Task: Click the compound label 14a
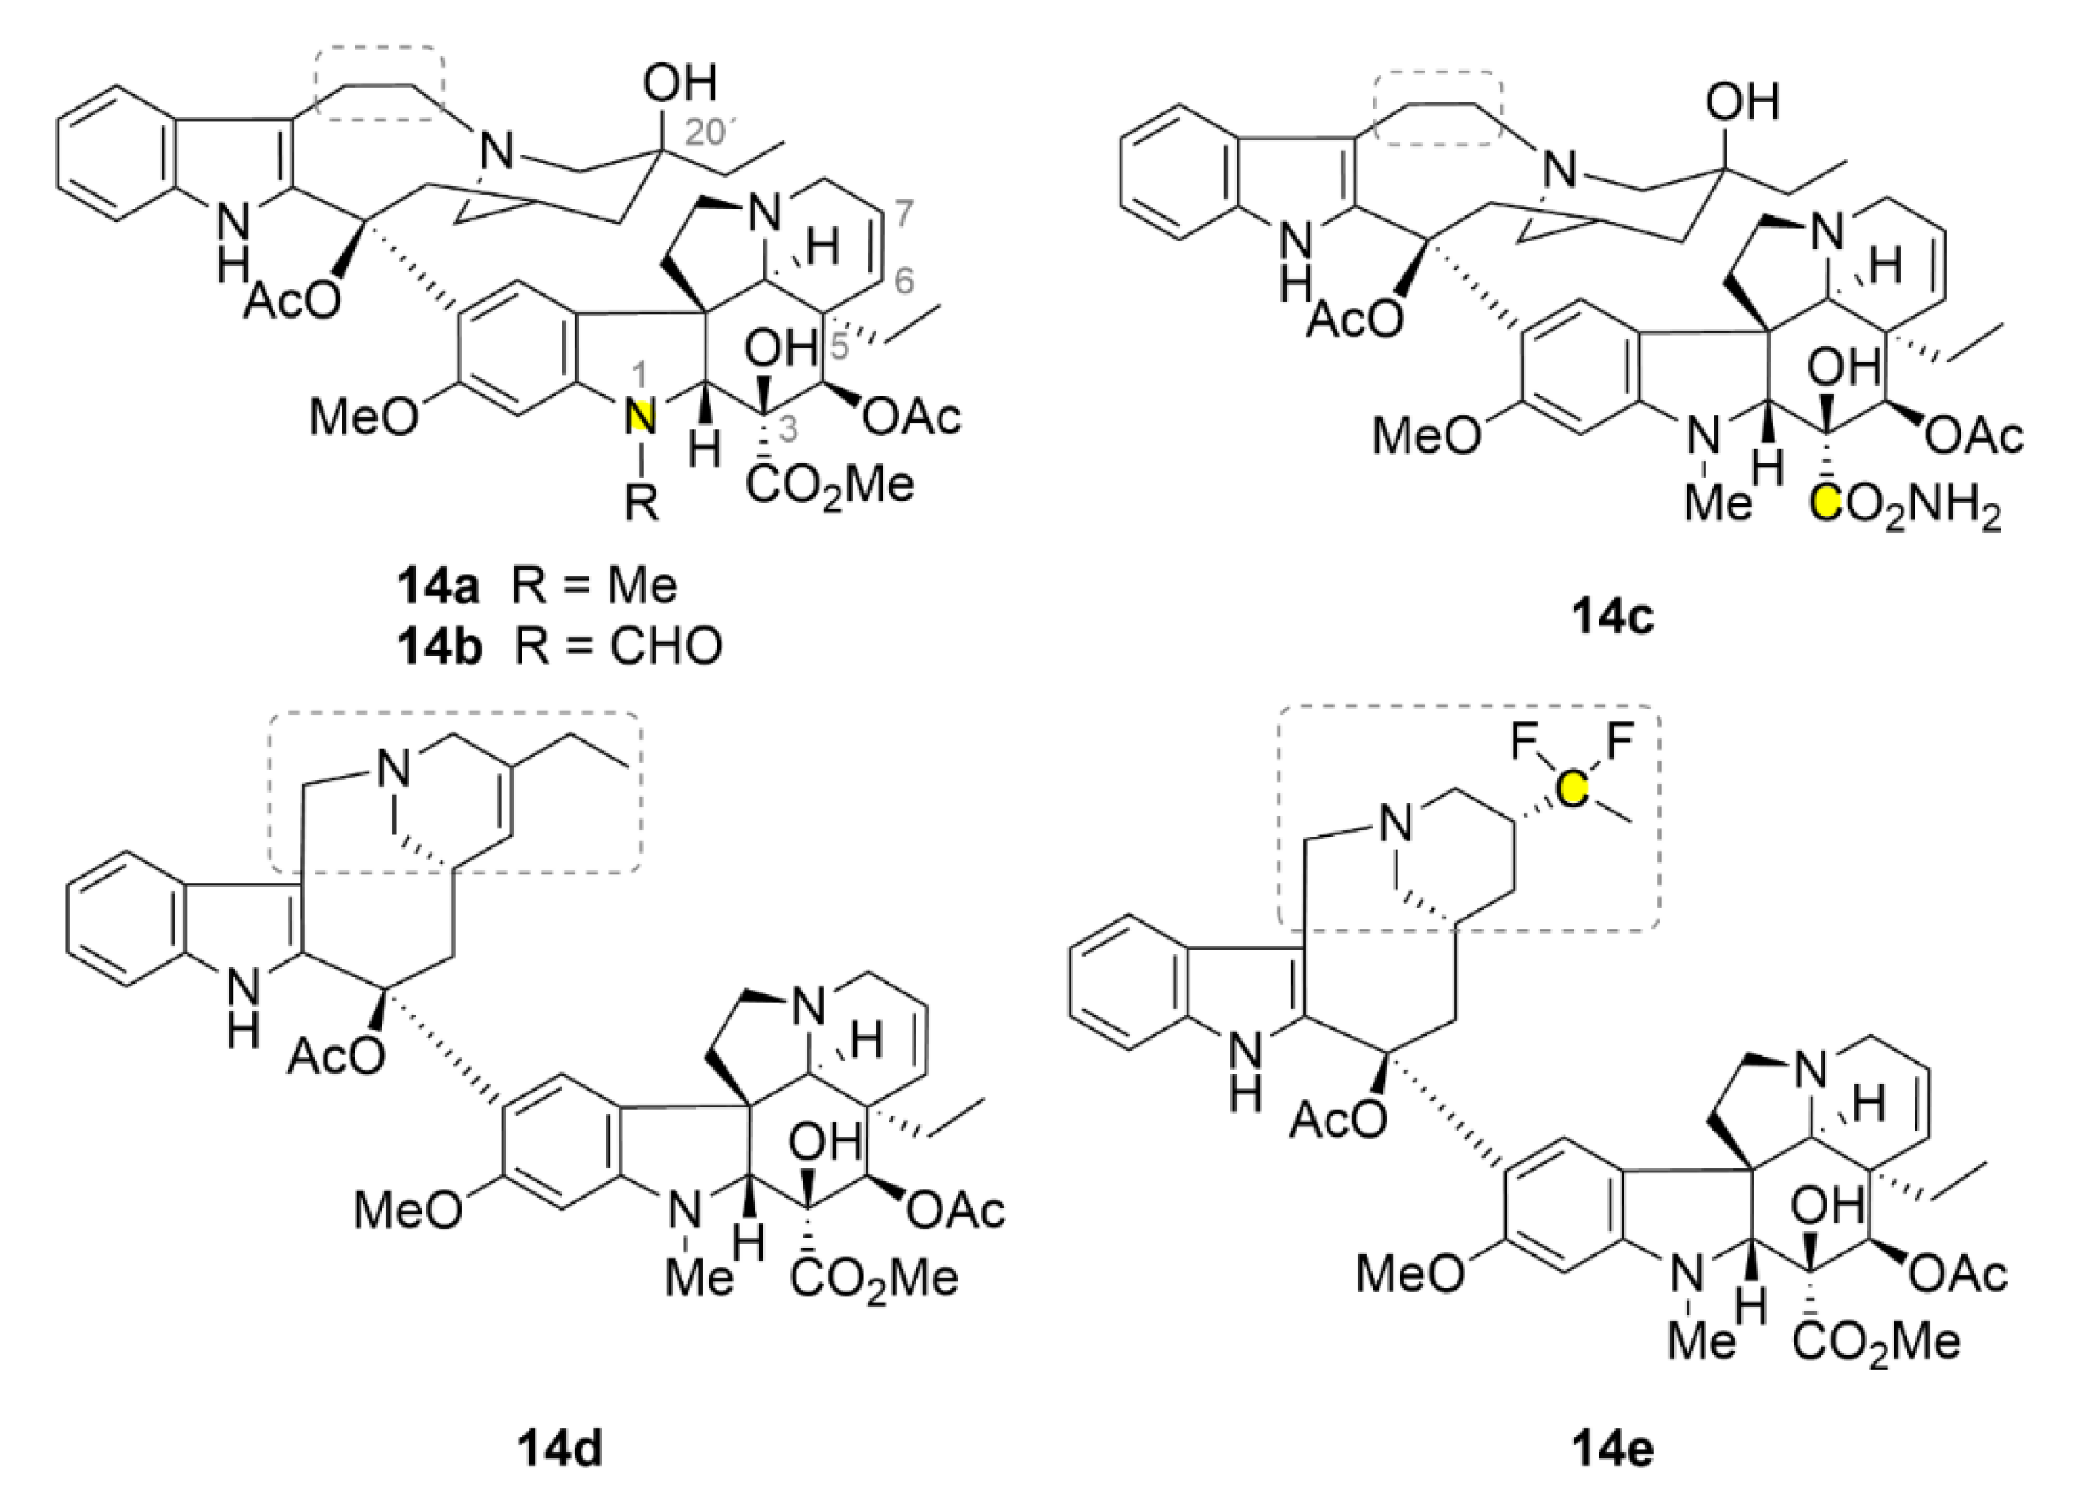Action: tap(438, 587)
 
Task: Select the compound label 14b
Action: tap(439, 646)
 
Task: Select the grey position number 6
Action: tap(903, 282)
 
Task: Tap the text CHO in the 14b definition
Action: tap(666, 646)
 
